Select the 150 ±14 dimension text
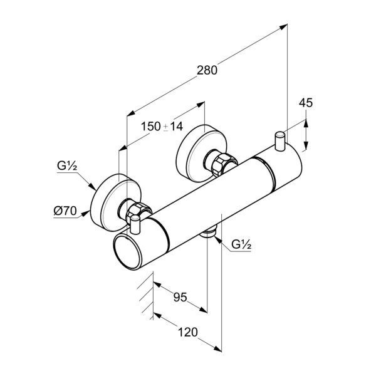point(162,126)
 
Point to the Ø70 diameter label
point(65,211)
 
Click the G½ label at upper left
point(66,167)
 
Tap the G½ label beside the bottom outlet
point(241,244)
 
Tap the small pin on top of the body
point(279,140)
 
